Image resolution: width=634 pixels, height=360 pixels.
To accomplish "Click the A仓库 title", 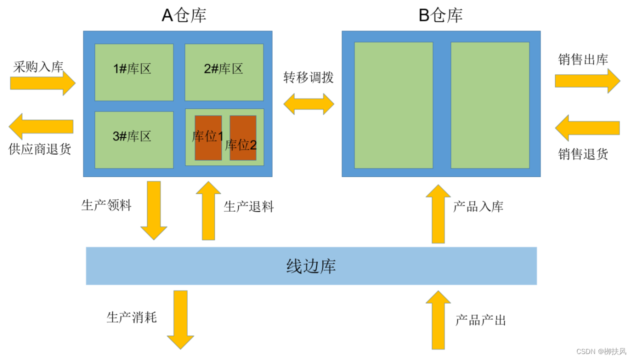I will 183,15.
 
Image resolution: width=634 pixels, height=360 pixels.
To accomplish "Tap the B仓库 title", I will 440,15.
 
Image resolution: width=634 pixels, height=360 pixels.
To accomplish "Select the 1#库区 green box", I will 134,72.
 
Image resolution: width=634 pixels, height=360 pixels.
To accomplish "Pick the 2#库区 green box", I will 224,72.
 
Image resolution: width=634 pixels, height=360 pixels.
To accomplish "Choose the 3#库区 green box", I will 134,140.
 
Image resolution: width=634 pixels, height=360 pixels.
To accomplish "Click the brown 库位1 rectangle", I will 208,138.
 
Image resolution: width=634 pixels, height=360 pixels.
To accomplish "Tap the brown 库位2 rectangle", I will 243,138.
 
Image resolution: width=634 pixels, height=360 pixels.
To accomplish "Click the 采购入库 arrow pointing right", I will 43,83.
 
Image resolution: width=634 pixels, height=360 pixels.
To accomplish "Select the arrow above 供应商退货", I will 41,126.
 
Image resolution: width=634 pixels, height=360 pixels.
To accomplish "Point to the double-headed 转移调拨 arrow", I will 308,104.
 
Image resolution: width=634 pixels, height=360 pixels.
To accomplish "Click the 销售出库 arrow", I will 587,81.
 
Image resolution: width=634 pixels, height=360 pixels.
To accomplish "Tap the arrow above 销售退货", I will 587,128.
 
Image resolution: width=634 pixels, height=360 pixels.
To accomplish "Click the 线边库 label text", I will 311,266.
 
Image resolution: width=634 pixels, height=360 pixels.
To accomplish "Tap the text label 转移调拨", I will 308,77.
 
